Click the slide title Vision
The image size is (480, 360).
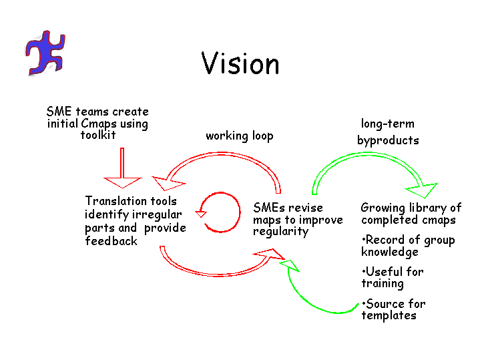[x=240, y=64]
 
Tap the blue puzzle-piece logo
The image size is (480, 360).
[x=46, y=51]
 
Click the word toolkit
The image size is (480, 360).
[x=98, y=135]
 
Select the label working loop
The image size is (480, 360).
[x=239, y=136]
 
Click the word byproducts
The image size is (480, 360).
[x=388, y=140]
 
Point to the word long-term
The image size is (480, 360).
[x=387, y=124]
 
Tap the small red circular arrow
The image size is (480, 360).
[x=220, y=212]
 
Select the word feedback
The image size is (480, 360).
[x=111, y=241]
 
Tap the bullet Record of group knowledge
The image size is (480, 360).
[x=407, y=246]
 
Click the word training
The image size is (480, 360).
[x=382, y=283]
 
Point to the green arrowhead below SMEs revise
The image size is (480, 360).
[x=288, y=265]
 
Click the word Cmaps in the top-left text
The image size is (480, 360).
[x=99, y=124]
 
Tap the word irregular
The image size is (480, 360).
[x=156, y=214]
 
